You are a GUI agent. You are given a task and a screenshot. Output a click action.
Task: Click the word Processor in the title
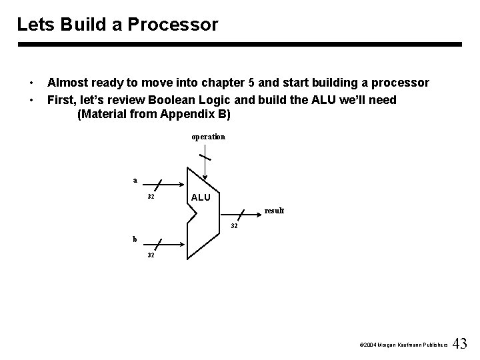181,25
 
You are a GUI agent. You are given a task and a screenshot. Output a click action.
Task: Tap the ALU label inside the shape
201,197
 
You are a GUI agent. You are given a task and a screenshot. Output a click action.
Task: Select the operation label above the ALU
209,137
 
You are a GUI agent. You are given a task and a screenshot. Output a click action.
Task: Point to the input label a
135,179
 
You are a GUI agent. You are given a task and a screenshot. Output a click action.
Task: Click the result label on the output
274,211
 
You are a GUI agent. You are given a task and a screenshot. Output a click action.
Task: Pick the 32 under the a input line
151,197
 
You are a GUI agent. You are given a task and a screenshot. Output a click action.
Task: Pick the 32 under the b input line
151,255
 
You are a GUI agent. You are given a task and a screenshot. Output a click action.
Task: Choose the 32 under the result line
234,225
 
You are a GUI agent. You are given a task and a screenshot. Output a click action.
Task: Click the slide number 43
460,344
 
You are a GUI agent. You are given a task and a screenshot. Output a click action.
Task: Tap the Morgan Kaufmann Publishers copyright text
402,345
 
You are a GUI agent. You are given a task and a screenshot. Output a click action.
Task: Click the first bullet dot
32,83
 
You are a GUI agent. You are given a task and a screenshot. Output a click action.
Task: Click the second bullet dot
32,100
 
